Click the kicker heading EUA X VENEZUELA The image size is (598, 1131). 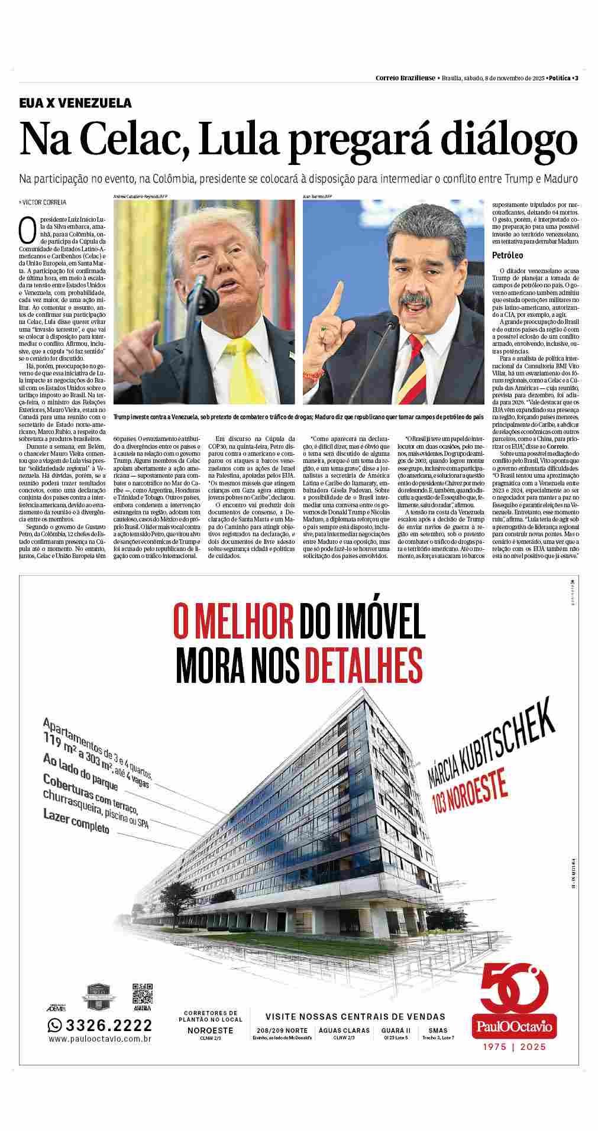click(x=75, y=103)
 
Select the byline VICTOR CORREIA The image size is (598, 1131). click(x=44, y=202)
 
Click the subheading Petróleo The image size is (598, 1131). click(x=508, y=255)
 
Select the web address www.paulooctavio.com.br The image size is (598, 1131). click(x=100, y=1039)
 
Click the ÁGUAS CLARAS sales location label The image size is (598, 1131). click(x=344, y=1030)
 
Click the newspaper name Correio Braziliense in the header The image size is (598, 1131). click(x=406, y=78)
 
